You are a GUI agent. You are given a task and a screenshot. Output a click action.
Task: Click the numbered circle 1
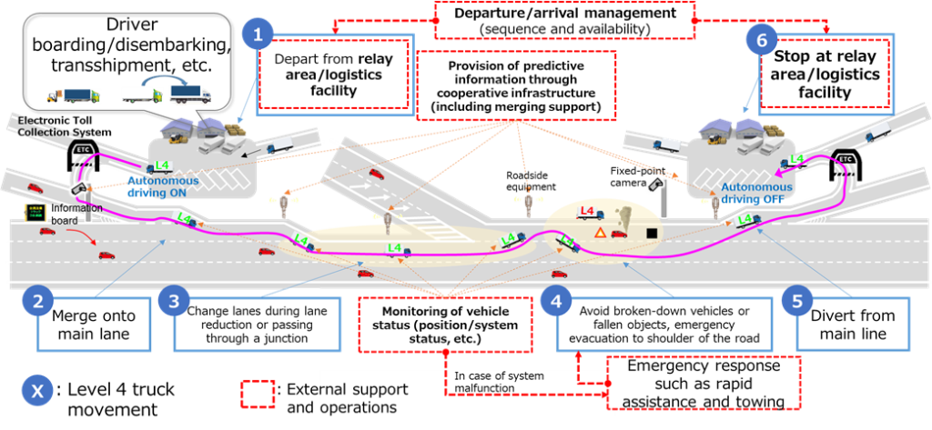tap(258, 35)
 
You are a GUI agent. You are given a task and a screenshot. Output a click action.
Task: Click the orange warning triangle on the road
tap(600, 233)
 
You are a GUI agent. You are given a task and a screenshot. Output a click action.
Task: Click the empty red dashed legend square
tap(258, 394)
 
